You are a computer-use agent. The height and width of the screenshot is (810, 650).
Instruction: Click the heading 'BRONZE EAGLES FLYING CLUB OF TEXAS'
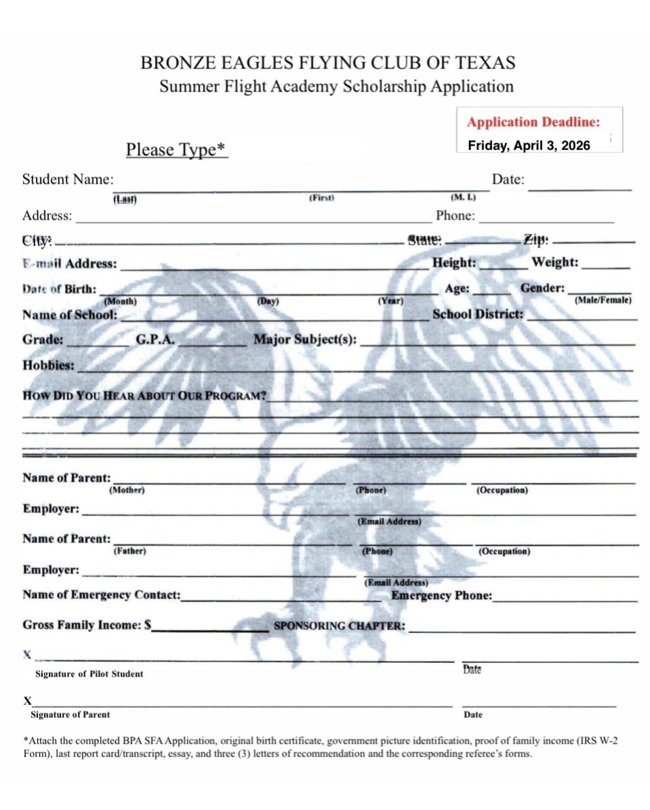[x=327, y=63]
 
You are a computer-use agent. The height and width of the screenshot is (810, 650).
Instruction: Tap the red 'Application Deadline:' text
[x=533, y=123]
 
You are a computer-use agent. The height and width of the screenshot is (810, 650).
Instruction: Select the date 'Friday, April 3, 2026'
[x=529, y=146]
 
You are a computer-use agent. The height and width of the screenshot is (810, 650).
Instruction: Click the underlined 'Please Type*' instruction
[x=176, y=149]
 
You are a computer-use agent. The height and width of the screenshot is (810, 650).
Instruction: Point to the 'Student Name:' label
[x=68, y=180]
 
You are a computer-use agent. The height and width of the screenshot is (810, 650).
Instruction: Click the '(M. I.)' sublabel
[x=464, y=197]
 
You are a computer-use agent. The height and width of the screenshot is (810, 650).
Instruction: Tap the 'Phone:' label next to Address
[x=455, y=216]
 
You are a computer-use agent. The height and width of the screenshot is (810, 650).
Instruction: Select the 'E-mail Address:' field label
[x=69, y=264]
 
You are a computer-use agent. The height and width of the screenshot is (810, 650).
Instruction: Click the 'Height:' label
[x=454, y=262]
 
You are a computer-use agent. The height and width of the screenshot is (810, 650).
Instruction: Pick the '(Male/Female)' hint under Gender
[x=603, y=300]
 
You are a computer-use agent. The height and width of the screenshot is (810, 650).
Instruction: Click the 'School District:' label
[x=478, y=315]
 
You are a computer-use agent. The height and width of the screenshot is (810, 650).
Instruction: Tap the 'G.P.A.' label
[x=156, y=340]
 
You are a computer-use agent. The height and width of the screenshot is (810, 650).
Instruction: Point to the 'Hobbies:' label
[x=48, y=365]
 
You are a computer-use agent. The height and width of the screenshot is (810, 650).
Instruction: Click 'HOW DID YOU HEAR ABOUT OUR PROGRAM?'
[x=144, y=396]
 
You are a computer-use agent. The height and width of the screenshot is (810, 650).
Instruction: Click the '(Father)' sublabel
[x=129, y=551]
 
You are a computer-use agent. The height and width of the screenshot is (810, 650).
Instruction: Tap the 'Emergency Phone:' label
[x=441, y=596]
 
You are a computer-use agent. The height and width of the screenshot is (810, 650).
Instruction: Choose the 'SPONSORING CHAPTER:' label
[x=340, y=626]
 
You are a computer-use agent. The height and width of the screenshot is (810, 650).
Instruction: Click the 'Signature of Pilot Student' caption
[x=89, y=674]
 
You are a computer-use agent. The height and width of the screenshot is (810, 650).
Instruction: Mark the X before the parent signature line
[x=28, y=700]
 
